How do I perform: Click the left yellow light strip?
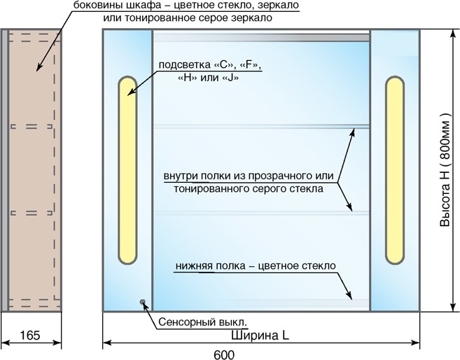(127, 170)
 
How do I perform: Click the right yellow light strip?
(395, 170)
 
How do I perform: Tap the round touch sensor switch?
(143, 302)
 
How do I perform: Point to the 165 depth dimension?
(30, 335)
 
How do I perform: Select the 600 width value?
(224, 355)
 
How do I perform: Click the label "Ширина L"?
(260, 335)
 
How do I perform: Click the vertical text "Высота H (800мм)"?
(445, 169)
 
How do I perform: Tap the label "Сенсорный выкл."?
(203, 322)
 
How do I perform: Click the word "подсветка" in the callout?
(185, 64)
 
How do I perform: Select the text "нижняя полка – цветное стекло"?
(256, 266)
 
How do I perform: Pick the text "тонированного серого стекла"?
(249, 188)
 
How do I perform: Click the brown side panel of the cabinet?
(34, 170)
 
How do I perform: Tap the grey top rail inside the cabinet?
(261, 38)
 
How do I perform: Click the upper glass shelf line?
(261, 127)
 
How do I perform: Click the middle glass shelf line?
(261, 213)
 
